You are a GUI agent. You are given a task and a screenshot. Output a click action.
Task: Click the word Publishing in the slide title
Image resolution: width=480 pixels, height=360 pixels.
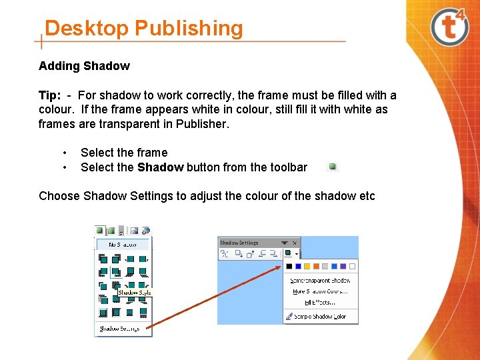pyautogui.click(x=189, y=29)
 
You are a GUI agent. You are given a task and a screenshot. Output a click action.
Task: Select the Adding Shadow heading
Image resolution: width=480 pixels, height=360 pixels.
pyautogui.click(x=84, y=66)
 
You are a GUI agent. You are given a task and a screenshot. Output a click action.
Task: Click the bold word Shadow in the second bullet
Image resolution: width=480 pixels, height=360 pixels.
pyautogui.click(x=160, y=167)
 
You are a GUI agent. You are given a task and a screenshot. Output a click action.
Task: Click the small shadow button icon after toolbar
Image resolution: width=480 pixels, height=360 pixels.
pyautogui.click(x=333, y=167)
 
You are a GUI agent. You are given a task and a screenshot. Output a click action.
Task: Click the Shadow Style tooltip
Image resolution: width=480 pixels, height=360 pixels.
pyautogui.click(x=135, y=292)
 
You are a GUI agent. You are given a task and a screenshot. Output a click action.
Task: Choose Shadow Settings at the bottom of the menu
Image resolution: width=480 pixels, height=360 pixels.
pyautogui.click(x=119, y=328)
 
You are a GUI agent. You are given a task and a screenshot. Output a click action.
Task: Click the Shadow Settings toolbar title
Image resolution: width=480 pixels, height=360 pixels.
pyautogui.click(x=239, y=243)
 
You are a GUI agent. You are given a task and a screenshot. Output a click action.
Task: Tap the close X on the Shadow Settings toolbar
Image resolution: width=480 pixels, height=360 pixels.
pyautogui.click(x=295, y=243)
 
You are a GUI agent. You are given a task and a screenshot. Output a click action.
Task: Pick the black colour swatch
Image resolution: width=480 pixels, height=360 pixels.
pyautogui.click(x=289, y=266)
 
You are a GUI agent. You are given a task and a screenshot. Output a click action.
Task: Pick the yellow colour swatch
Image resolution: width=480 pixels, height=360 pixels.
pyautogui.click(x=307, y=266)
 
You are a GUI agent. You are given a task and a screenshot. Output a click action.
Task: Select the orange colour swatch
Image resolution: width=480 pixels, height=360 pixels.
pyautogui.click(x=316, y=266)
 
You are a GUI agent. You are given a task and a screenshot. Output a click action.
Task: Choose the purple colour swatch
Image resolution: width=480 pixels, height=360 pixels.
pyautogui.click(x=343, y=266)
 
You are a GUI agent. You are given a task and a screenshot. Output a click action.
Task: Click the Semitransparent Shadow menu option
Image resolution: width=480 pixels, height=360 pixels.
pyautogui.click(x=321, y=281)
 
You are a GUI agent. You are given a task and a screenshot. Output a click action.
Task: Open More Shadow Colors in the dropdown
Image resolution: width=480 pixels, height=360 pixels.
pyautogui.click(x=321, y=291)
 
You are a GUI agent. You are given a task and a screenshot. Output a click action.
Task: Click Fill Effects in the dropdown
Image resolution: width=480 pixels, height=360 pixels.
pyautogui.click(x=321, y=302)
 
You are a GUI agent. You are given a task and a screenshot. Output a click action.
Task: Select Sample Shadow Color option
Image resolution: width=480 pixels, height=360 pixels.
pyautogui.click(x=320, y=317)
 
